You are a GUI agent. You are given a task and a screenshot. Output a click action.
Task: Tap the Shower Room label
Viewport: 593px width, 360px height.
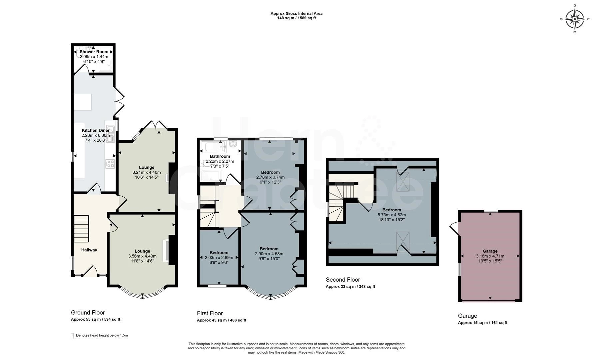pyautogui.click(x=94, y=52)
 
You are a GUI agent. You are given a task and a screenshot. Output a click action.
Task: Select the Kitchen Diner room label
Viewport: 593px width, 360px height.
pyautogui.click(x=96, y=130)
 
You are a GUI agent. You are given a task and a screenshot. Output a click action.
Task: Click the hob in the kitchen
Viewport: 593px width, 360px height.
pyautogui.click(x=110, y=163)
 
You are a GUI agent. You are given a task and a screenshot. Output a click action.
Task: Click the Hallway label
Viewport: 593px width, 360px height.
pyautogui.click(x=89, y=250)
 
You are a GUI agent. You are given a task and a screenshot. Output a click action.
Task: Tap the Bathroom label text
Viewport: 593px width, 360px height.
pyautogui.click(x=220, y=156)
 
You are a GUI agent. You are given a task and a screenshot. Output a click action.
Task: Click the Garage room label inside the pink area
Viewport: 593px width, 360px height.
pyautogui.click(x=490, y=251)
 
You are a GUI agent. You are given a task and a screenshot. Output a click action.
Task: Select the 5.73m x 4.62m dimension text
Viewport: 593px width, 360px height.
pyautogui.click(x=392, y=215)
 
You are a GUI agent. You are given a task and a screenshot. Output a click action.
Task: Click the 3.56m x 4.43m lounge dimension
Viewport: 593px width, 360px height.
pyautogui.click(x=142, y=256)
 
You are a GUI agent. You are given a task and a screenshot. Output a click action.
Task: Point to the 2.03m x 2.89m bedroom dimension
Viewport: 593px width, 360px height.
pyautogui.click(x=219, y=257)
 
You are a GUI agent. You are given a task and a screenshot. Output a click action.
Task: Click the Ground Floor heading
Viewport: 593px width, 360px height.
pyautogui.click(x=88, y=313)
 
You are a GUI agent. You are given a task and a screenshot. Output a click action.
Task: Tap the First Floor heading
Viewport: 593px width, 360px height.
pyautogui.click(x=210, y=313)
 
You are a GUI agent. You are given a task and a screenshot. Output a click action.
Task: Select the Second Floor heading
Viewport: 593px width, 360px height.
pyautogui.click(x=343, y=280)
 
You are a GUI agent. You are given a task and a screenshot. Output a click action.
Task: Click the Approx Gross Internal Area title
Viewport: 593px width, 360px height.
pyautogui.click(x=296, y=14)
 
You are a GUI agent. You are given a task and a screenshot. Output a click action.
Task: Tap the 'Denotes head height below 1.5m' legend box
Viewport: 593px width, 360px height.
pyautogui.click(x=72, y=336)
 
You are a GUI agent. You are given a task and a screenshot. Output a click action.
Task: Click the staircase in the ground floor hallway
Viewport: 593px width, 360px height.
pyautogui.click(x=81, y=229)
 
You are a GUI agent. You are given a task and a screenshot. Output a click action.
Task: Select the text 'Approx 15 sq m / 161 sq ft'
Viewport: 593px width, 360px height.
pyautogui.click(x=483, y=323)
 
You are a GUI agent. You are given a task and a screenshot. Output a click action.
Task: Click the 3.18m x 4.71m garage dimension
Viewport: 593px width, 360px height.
pyautogui.click(x=490, y=256)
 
